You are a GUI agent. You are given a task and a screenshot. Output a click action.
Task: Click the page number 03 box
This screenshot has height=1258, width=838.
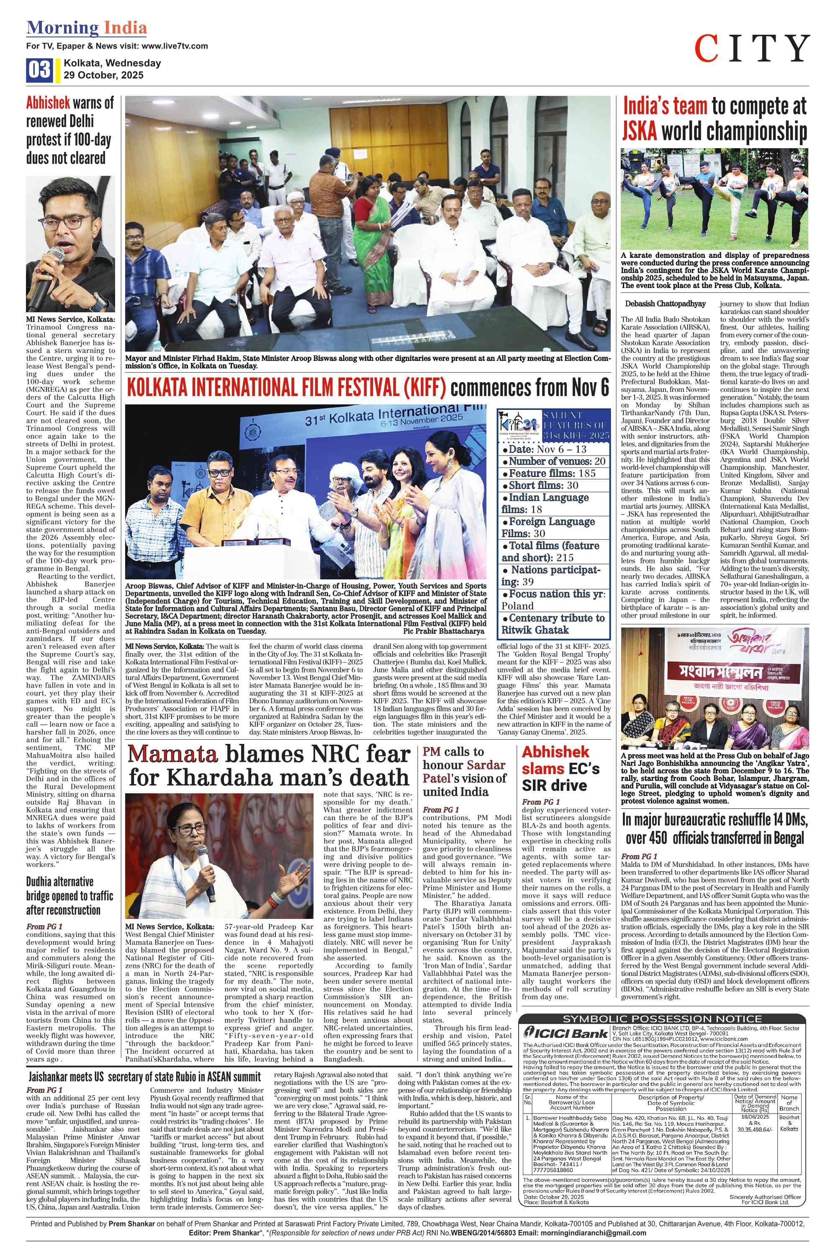click(x=39, y=70)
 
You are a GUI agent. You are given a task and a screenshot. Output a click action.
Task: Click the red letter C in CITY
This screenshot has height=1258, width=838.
click(x=707, y=48)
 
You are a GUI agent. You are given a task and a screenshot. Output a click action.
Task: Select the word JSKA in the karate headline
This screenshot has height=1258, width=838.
click(x=640, y=130)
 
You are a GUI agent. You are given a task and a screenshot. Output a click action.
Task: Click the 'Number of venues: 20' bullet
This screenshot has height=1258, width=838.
click(x=554, y=461)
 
